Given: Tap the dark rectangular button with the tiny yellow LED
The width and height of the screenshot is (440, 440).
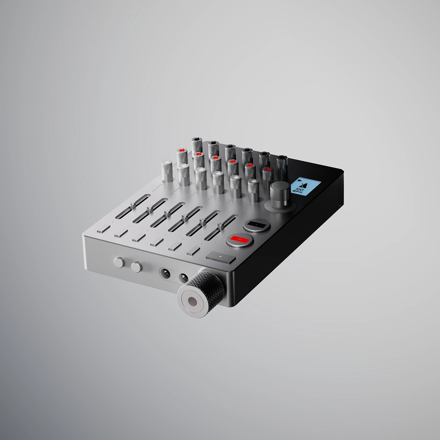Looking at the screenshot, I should click(221, 258).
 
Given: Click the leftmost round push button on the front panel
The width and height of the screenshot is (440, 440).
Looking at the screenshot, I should click(119, 262).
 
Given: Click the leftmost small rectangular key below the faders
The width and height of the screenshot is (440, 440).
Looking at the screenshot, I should click(103, 228).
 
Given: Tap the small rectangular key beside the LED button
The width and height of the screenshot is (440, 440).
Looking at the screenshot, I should click(193, 251).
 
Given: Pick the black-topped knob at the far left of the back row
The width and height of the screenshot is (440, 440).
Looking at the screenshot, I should click(197, 143).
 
